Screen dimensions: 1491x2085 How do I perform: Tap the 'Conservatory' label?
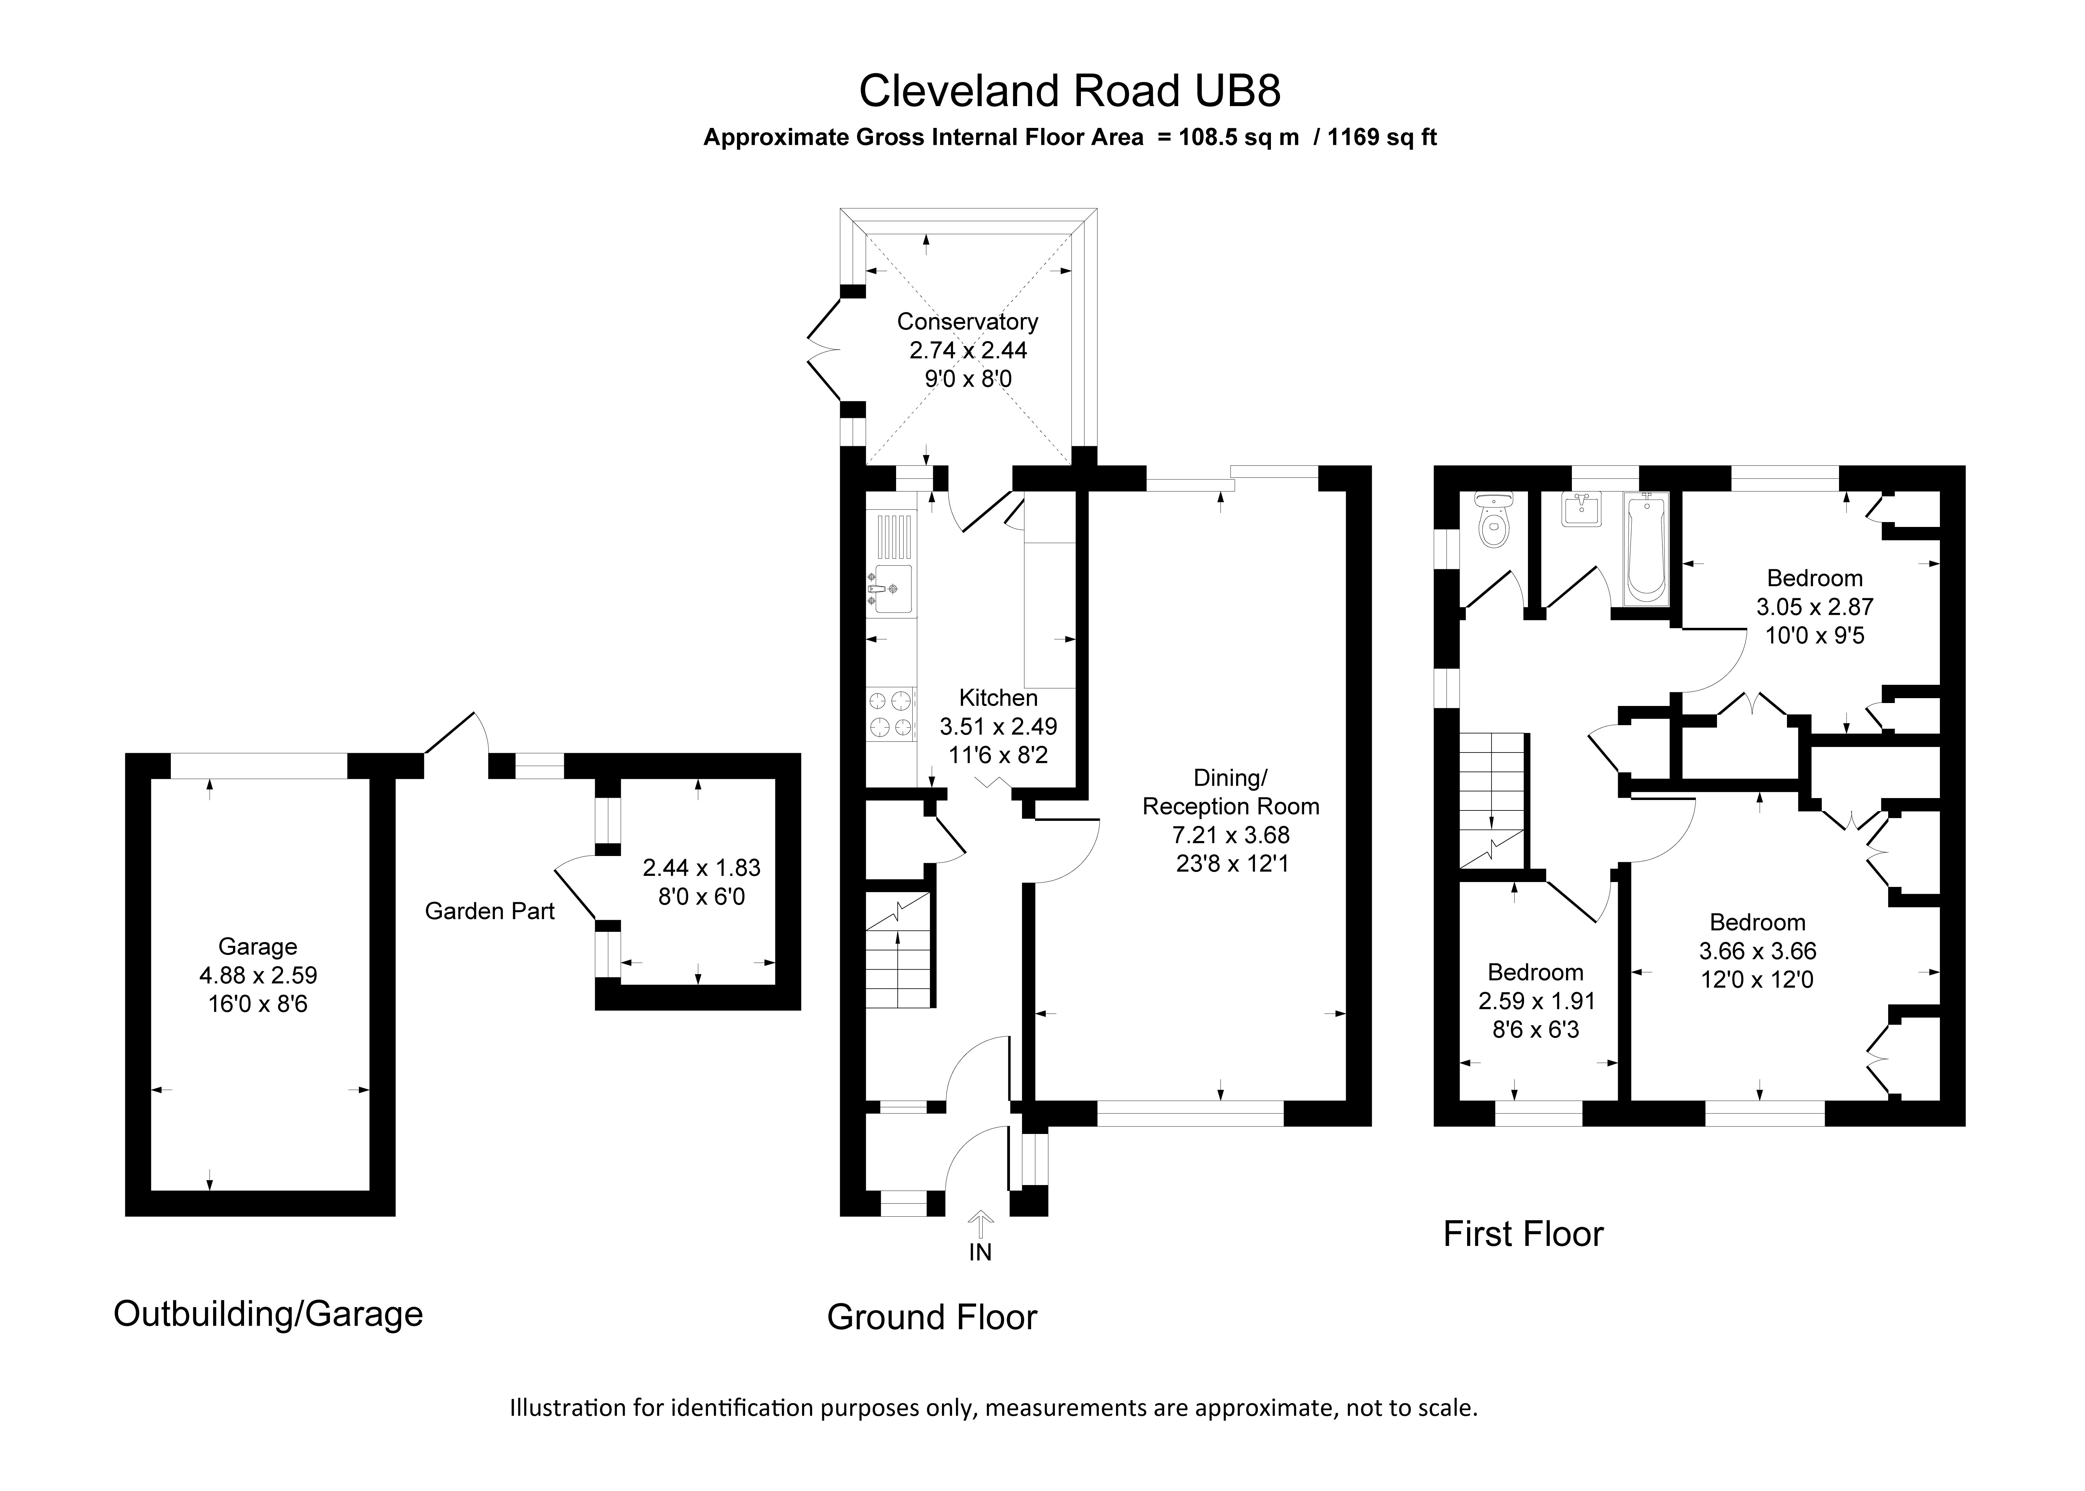point(967,321)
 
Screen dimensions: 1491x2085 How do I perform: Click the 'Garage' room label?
point(258,946)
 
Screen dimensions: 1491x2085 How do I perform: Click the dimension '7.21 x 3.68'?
point(1231,835)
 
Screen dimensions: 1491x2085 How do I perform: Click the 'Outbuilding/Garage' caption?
point(268,1314)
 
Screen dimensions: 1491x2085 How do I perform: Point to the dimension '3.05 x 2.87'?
point(1814,607)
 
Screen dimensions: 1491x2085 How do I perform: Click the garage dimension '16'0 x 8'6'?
point(258,1004)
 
